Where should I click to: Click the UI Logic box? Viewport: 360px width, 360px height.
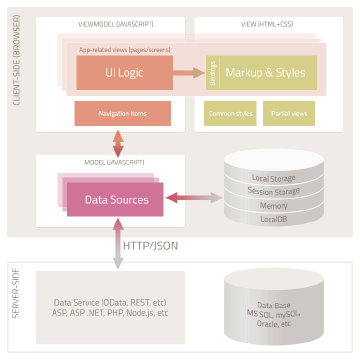pyautogui.click(x=124, y=72)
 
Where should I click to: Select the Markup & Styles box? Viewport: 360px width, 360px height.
pyautogui.click(x=265, y=72)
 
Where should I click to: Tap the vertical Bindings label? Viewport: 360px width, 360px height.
pyautogui.click(x=212, y=73)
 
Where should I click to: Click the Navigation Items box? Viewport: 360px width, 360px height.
pyautogui.click(x=122, y=113)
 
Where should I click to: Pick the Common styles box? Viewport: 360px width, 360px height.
pyautogui.click(x=230, y=113)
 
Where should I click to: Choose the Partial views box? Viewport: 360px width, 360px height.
pyautogui.click(x=289, y=113)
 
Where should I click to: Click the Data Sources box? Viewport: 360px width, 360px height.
pyautogui.click(x=116, y=199)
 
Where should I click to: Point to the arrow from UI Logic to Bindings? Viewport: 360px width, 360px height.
pyautogui.click(x=189, y=73)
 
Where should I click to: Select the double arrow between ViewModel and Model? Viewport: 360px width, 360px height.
pyautogui.click(x=118, y=143)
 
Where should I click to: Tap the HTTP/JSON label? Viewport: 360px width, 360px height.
pyautogui.click(x=150, y=245)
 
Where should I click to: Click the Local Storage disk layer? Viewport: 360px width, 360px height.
pyautogui.click(x=273, y=178)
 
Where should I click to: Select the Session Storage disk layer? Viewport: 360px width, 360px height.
pyautogui.click(x=273, y=191)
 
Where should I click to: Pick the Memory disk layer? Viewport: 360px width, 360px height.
pyautogui.click(x=273, y=205)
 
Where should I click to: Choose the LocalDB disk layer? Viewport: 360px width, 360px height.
pyautogui.click(x=273, y=219)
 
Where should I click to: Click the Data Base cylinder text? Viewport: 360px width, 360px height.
pyautogui.click(x=273, y=314)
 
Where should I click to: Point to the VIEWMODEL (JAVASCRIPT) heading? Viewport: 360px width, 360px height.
pyautogui.click(x=116, y=24)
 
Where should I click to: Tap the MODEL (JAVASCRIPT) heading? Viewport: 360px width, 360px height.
pyautogui.click(x=114, y=162)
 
